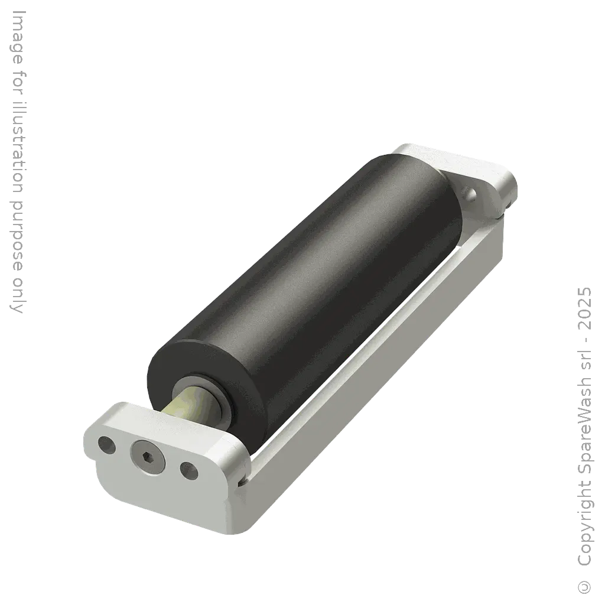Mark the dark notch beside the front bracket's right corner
241,483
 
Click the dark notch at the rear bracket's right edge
504,217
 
